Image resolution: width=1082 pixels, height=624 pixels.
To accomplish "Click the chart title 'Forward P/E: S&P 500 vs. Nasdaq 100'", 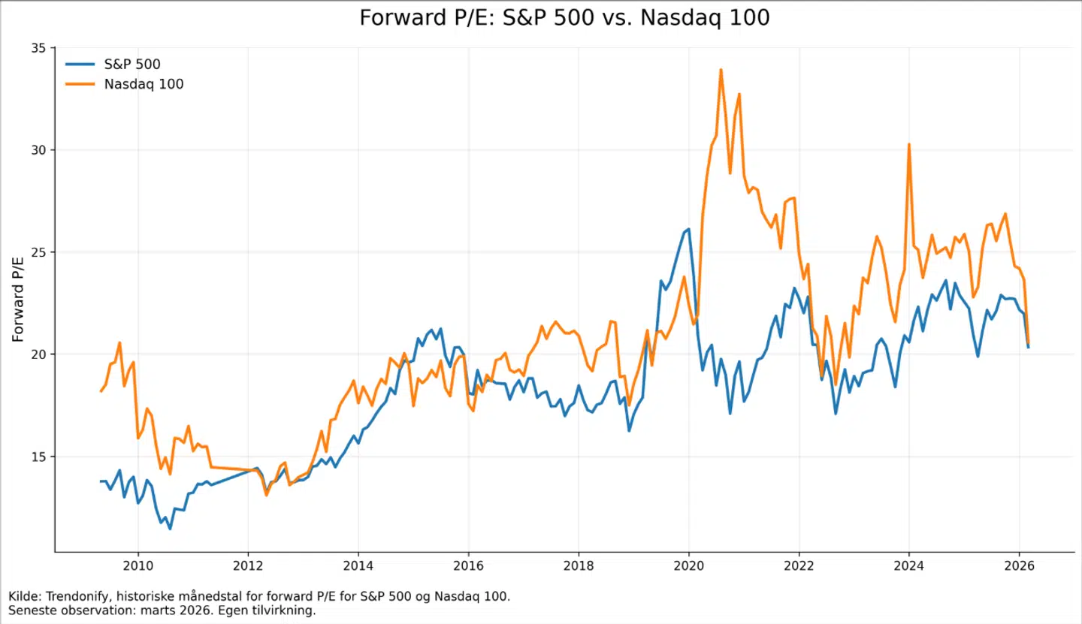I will (x=564, y=18).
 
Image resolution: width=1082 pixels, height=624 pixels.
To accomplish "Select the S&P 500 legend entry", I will (x=131, y=65).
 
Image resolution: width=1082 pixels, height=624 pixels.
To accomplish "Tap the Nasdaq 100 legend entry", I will (x=144, y=84).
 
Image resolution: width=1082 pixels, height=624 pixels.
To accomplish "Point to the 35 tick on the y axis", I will (x=38, y=48).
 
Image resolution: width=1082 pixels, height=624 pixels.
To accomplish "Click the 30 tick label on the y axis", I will (x=38, y=150).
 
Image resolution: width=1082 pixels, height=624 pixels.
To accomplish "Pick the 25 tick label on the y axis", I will (x=38, y=252).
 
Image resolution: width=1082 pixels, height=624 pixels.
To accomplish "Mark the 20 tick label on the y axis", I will (x=38, y=354).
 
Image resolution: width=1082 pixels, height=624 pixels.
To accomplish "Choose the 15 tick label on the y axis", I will (x=38, y=457).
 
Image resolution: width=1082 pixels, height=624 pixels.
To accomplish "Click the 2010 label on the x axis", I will (x=138, y=565).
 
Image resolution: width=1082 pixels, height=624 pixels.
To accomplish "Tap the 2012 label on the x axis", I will (x=248, y=565).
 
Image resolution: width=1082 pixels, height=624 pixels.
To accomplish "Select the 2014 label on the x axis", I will (x=358, y=565).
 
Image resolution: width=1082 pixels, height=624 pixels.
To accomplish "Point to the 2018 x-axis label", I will (x=578, y=565).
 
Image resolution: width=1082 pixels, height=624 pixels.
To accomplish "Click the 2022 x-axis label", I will (x=798, y=565).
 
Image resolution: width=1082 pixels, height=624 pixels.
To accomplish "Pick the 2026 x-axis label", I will (x=1018, y=565).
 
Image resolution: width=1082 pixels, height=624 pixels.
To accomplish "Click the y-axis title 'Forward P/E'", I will (x=18, y=299).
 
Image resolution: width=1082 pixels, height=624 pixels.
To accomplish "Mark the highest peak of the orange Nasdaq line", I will (x=721, y=70).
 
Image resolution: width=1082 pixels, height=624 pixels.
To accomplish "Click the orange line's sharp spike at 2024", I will (x=908, y=144).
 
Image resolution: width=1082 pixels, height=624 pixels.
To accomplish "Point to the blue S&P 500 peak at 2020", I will (x=688, y=229).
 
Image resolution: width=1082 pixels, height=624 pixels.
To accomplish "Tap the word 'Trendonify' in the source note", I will (x=69, y=596).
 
